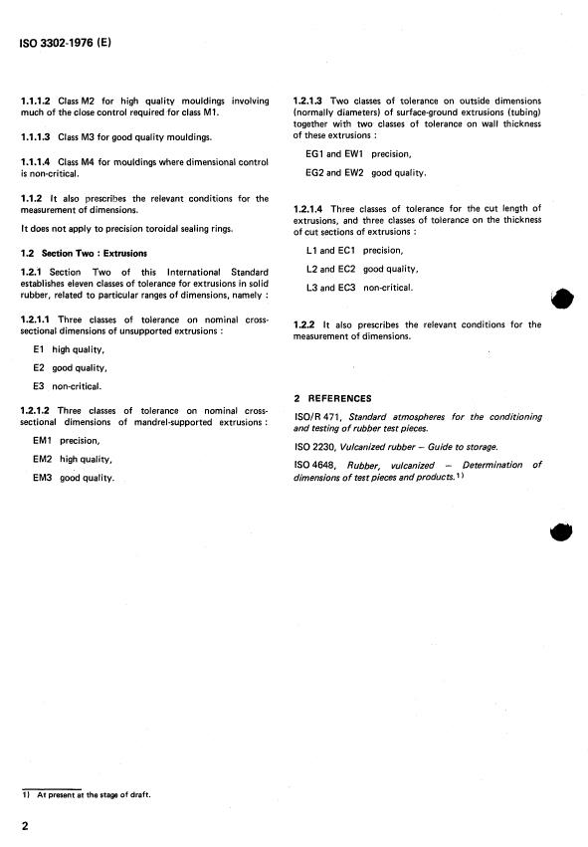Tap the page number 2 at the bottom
point(25,826)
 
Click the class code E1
point(40,349)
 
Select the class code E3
point(40,385)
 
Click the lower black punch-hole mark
point(561,532)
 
